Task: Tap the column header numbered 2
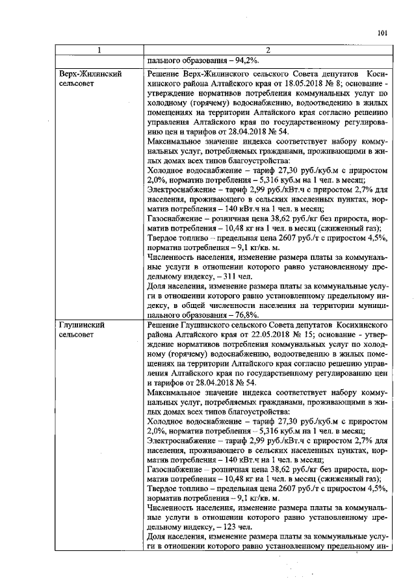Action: click(267, 51)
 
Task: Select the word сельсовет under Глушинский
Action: click(76, 334)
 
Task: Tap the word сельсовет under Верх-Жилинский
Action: click(76, 84)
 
